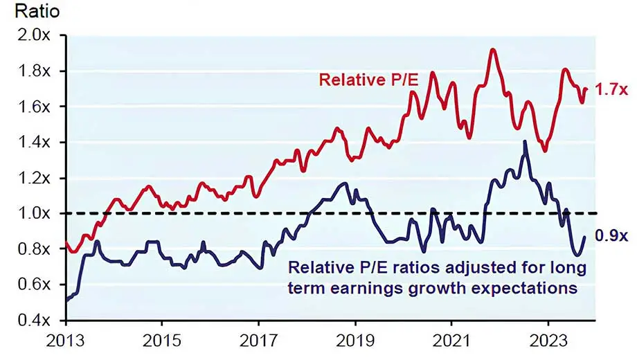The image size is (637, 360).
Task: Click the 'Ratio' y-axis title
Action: [x=22, y=12]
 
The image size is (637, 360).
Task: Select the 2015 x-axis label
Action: [x=161, y=341]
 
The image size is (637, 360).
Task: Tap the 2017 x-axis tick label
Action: [x=258, y=341]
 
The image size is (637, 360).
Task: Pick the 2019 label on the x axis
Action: [x=355, y=341]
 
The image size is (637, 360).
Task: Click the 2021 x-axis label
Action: [x=451, y=341]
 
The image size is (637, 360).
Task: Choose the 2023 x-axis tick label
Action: [x=548, y=341]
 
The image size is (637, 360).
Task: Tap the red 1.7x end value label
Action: [x=611, y=89]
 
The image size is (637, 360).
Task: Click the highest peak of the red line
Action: [x=492, y=49]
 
